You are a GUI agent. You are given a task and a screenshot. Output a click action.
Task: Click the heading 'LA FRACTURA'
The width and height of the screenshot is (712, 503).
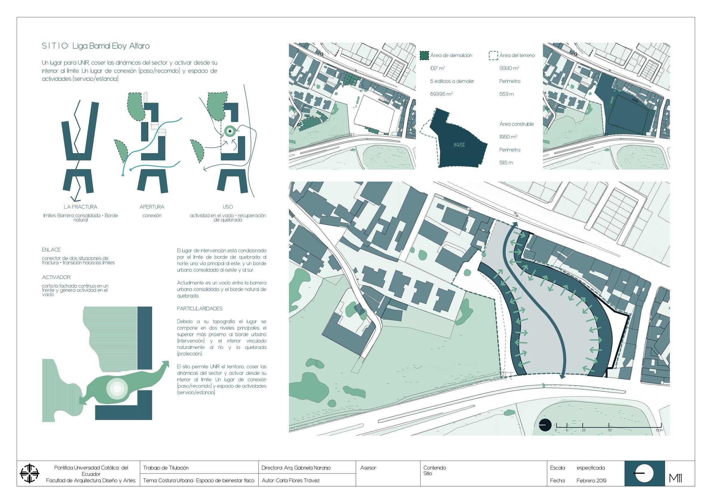point(80,207)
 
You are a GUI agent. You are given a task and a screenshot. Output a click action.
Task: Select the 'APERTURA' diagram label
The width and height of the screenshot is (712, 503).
point(152,207)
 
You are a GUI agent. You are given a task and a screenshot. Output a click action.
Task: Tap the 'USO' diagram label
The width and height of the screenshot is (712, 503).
point(228,207)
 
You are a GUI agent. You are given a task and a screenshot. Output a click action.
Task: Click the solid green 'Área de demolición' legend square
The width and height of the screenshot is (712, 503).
point(424,56)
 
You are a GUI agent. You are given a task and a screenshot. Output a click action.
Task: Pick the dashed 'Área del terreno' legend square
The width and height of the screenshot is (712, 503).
point(493,56)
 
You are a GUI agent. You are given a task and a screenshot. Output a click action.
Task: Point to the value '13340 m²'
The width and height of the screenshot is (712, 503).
point(509,68)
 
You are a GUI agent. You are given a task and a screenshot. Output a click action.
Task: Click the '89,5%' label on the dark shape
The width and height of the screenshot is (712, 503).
point(459,145)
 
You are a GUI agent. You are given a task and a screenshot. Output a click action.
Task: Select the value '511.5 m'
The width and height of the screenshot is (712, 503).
point(506,163)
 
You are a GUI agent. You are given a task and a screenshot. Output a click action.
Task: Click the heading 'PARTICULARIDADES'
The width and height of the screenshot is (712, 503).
point(200,308)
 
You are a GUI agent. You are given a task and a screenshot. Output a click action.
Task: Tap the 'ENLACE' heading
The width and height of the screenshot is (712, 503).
point(51,250)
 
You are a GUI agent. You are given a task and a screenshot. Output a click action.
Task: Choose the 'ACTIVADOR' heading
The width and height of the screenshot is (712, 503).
point(56,277)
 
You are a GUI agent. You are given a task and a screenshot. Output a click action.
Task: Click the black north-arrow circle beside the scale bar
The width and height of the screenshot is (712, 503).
point(545,425)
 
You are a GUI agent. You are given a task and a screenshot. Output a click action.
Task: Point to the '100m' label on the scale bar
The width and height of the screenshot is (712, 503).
point(659,430)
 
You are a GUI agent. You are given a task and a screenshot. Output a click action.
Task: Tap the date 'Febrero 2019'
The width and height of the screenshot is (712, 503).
point(591,481)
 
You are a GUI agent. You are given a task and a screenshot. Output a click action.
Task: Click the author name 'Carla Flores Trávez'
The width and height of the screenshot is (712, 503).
point(297,481)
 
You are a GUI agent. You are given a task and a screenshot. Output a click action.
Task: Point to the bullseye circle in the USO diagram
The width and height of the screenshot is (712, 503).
point(230,132)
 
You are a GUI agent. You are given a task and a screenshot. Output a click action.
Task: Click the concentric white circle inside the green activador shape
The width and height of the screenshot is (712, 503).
point(117,388)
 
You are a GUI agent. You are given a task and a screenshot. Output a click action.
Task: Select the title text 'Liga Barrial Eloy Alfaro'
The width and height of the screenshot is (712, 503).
point(111,46)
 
